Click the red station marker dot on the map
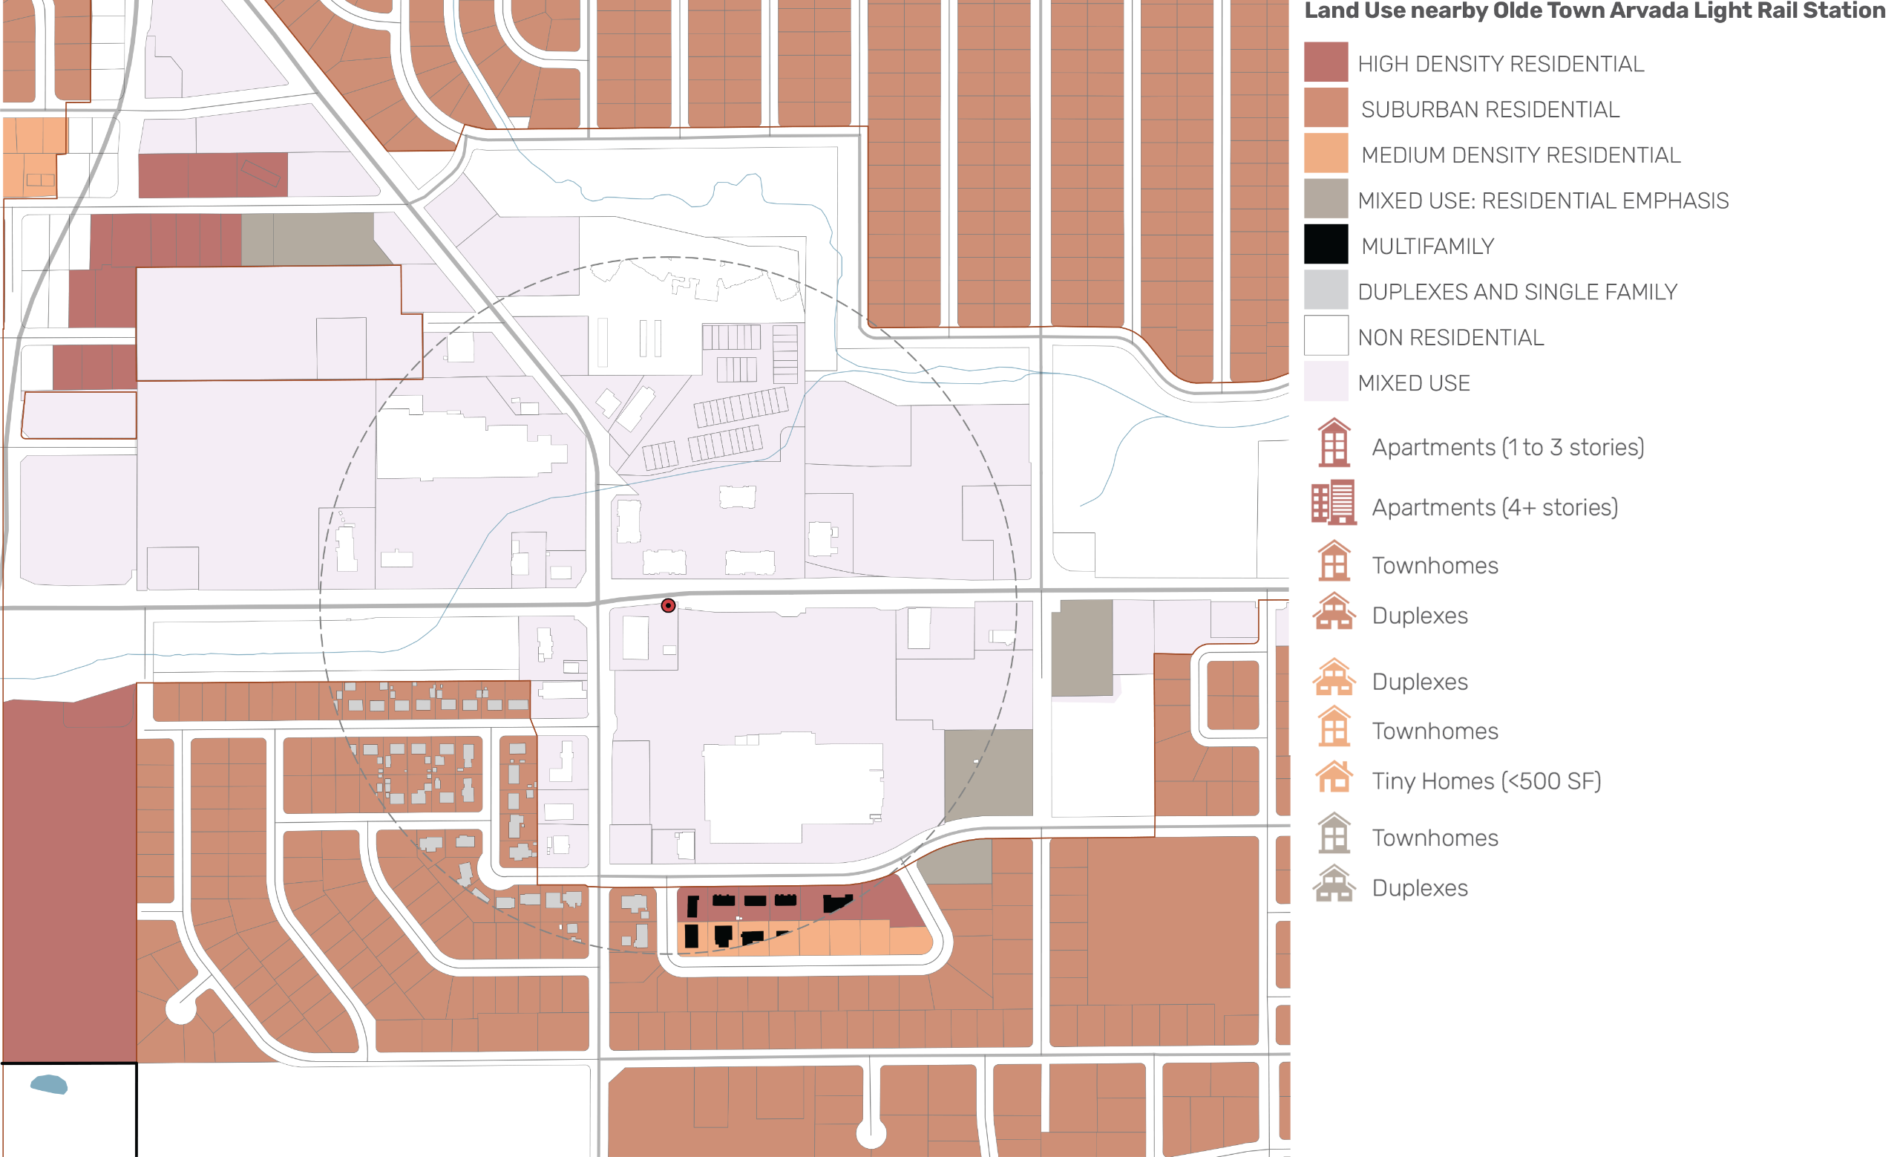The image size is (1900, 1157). pyautogui.click(x=668, y=605)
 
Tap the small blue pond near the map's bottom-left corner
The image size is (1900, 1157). pyautogui.click(x=49, y=1084)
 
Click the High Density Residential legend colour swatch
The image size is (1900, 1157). pyautogui.click(x=1326, y=62)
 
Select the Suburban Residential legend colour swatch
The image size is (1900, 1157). pyautogui.click(x=1326, y=108)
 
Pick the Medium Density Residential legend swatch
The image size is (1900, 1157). pyautogui.click(x=1326, y=153)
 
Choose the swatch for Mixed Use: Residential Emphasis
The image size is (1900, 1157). pyautogui.click(x=1326, y=198)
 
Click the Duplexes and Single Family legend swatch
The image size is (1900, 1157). pyautogui.click(x=1326, y=290)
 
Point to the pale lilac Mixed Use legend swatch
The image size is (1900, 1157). pyautogui.click(x=1326, y=381)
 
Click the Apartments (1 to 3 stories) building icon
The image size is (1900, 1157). pyautogui.click(x=1333, y=443)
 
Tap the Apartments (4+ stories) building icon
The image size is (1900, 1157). pyautogui.click(x=1333, y=502)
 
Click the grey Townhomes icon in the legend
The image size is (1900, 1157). pyautogui.click(x=1333, y=834)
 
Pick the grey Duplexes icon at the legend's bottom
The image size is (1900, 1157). pyautogui.click(x=1333, y=884)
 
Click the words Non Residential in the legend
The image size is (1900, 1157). pyautogui.click(x=1449, y=338)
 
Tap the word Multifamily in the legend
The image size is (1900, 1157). pyautogui.click(x=1427, y=247)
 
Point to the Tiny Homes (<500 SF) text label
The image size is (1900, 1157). pyautogui.click(x=1486, y=781)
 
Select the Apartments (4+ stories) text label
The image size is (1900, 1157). pyautogui.click(x=1495, y=507)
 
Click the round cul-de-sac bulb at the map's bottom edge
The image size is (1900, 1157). pyautogui.click(x=871, y=1133)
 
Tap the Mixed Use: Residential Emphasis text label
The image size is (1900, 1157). pyautogui.click(x=1542, y=201)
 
